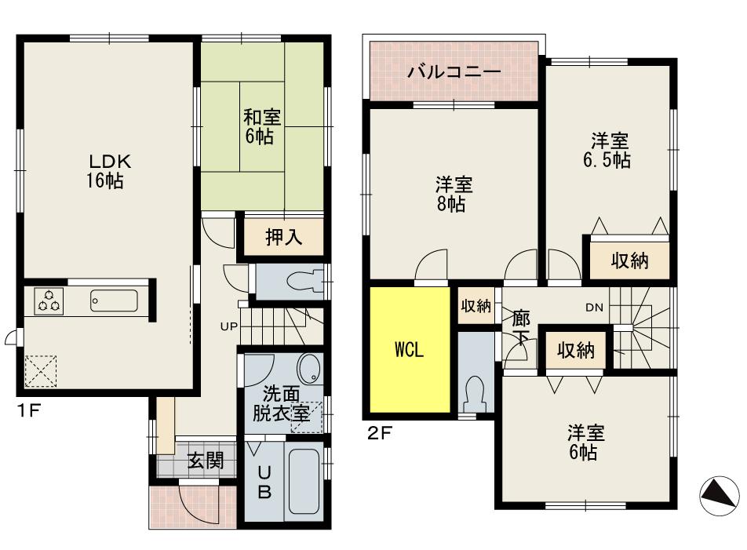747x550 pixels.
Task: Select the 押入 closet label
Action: pos(283,238)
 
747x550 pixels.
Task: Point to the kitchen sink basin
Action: pos(114,300)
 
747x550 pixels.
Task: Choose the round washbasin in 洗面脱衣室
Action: pos(310,366)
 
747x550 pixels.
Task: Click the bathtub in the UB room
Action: pos(303,480)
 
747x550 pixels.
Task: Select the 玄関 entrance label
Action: pos(206,461)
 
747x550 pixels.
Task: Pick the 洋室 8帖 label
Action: pos(454,195)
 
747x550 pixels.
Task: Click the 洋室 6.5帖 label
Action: pos(610,150)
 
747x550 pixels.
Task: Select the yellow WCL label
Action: pos(409,350)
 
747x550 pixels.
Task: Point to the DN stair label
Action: pos(594,308)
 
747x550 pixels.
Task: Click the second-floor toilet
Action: pos(475,391)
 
